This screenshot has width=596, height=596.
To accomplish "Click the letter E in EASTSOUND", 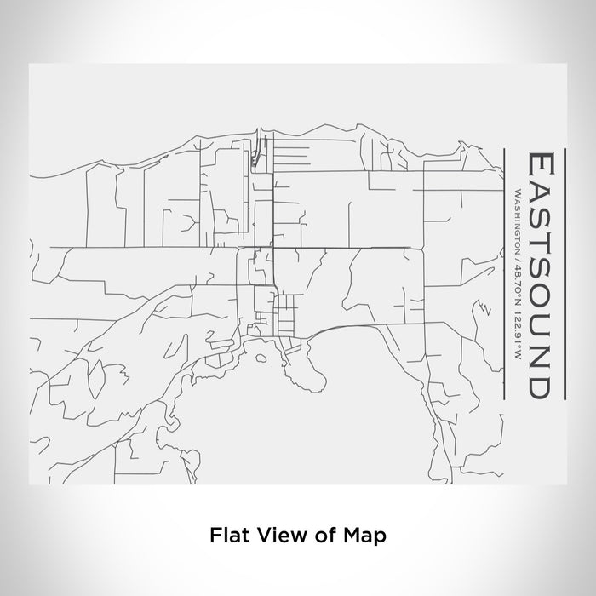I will (542, 163).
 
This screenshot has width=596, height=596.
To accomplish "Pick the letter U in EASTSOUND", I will (542, 325).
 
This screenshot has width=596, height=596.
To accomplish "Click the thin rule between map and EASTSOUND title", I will (506, 272).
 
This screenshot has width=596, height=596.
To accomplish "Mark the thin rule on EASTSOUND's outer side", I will (564, 272).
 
